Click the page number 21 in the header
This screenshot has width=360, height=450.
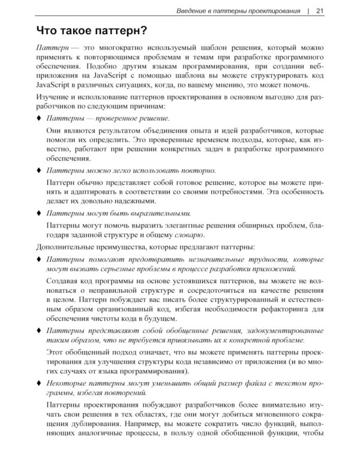click(x=319, y=10)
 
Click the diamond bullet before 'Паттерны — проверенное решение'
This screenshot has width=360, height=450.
click(x=39, y=119)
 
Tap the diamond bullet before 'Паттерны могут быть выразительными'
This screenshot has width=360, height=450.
click(x=39, y=213)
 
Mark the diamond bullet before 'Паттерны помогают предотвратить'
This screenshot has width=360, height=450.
click(x=39, y=259)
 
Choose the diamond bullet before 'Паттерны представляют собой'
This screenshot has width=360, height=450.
click(x=39, y=331)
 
